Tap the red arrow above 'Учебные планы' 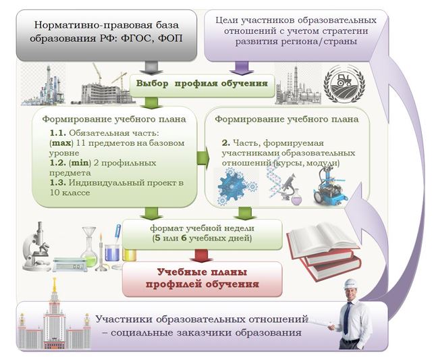(x=202, y=256)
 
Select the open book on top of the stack (x=323, y=239)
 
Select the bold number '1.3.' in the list (x=58, y=183)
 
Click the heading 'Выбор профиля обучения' (x=202, y=84)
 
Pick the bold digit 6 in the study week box (x=184, y=238)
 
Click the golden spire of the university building (x=55, y=286)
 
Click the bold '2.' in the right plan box (x=226, y=143)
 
